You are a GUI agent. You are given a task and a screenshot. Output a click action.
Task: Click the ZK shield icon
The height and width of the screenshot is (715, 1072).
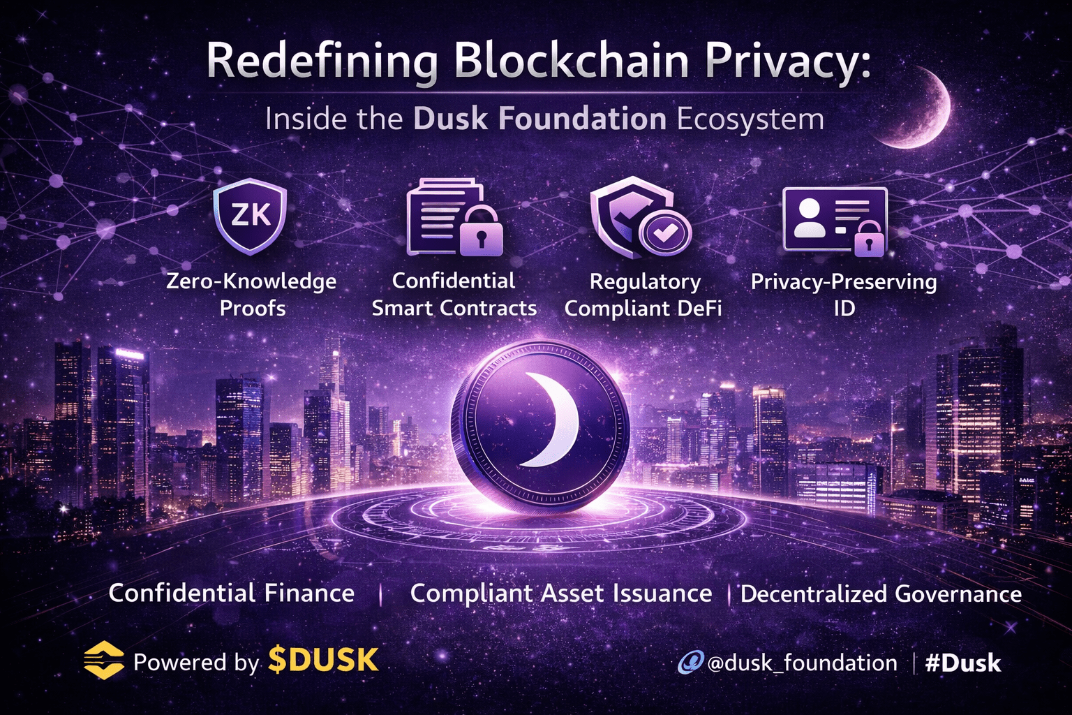(x=250, y=216)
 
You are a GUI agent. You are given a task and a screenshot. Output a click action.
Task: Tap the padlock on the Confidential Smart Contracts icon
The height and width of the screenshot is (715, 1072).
(x=480, y=232)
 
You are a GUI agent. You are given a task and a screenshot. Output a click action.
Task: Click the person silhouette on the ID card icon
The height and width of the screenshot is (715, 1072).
(x=810, y=219)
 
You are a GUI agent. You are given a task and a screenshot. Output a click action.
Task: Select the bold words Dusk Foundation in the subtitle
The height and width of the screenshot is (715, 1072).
(x=539, y=119)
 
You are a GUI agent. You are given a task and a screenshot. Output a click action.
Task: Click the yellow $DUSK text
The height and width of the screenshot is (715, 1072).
(x=324, y=661)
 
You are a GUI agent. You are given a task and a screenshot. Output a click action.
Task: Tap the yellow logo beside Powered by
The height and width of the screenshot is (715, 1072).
(x=103, y=660)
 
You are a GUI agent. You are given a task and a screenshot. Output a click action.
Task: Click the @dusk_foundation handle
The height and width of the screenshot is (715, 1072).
(x=802, y=663)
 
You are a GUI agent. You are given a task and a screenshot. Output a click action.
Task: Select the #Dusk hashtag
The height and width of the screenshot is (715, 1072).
(x=963, y=663)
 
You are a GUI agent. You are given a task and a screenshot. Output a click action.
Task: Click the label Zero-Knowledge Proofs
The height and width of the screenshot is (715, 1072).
(x=252, y=294)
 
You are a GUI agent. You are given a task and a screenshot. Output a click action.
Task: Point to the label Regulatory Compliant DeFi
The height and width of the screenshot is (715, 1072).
(x=643, y=294)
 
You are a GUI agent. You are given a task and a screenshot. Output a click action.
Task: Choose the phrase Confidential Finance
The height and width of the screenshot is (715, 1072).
(x=232, y=594)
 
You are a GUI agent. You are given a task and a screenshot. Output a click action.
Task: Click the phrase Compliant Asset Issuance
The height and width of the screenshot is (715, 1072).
(x=561, y=594)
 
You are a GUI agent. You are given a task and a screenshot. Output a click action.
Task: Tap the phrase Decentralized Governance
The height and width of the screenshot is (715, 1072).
(x=881, y=594)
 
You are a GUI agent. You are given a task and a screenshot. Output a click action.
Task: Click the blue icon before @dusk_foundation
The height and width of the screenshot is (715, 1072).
(x=690, y=662)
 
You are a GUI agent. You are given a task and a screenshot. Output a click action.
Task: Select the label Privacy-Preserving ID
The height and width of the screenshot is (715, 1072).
(x=844, y=294)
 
